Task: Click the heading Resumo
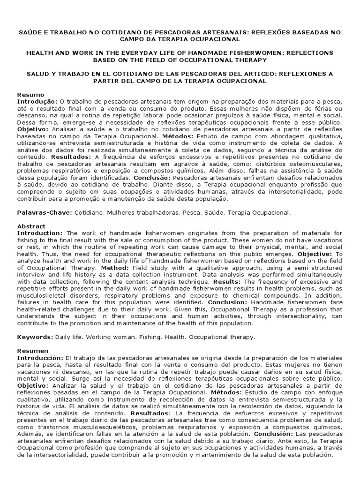(x=30, y=95)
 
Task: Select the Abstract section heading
(x=31, y=226)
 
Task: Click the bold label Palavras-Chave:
(x=45, y=212)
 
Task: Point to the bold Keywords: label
(x=35, y=337)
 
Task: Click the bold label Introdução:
(x=37, y=101)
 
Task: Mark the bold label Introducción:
(x=40, y=357)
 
